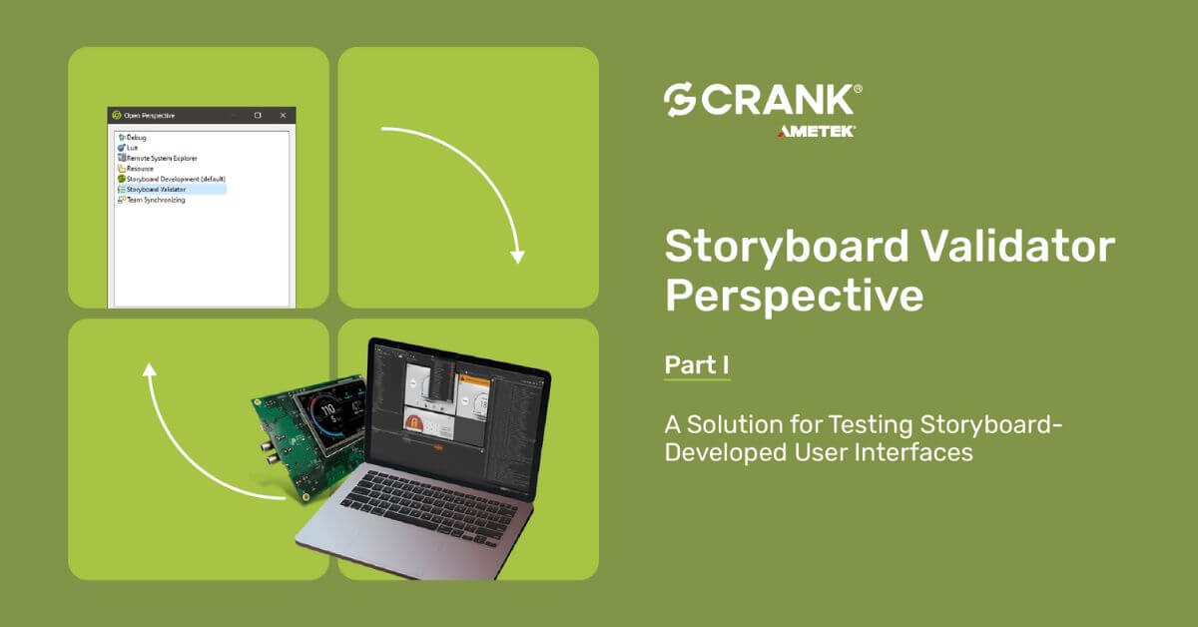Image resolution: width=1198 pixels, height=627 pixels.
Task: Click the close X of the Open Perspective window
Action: coord(283,115)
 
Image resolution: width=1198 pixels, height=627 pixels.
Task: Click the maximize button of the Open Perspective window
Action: coord(258,115)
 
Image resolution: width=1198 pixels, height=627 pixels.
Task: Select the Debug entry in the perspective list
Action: coord(137,137)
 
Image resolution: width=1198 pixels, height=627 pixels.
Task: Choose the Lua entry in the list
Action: coord(132,148)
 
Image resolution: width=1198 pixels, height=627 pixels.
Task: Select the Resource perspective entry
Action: coord(140,169)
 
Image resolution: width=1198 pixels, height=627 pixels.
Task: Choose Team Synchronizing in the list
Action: coord(155,200)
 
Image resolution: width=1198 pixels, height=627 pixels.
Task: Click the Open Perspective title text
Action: coord(149,115)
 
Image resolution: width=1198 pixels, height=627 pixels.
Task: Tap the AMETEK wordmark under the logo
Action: coord(816,131)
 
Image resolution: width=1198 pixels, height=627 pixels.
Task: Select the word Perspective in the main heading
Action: coord(794,296)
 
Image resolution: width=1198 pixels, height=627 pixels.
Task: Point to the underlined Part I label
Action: coord(697,365)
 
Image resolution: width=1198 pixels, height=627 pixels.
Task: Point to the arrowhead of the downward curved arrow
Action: coord(516,256)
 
